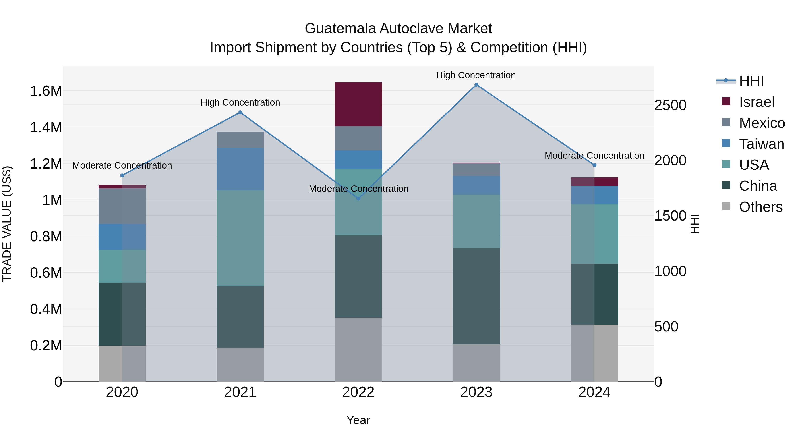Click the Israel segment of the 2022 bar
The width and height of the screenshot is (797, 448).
coord(358,104)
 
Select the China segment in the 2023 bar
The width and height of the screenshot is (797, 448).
coord(476,296)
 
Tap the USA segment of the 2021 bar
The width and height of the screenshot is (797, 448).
coord(240,238)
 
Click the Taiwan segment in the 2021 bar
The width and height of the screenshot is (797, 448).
coord(240,169)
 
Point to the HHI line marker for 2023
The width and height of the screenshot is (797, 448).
coord(476,85)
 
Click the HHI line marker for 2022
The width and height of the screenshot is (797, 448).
coord(358,198)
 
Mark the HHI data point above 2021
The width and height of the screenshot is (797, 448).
coord(240,113)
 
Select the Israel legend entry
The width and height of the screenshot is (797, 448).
coord(756,102)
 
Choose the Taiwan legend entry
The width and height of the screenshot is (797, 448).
coord(761,144)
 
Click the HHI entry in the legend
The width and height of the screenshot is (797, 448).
coord(751,81)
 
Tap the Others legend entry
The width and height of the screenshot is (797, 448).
coord(760,207)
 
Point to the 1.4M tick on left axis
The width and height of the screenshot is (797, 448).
coord(46,127)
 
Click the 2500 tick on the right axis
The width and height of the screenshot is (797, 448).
coord(670,105)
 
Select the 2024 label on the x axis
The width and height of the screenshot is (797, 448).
coord(594,392)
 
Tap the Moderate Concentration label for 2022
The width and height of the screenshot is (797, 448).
coord(358,188)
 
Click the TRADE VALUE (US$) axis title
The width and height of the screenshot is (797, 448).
coord(7,224)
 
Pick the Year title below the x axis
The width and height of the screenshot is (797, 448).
coord(358,420)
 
